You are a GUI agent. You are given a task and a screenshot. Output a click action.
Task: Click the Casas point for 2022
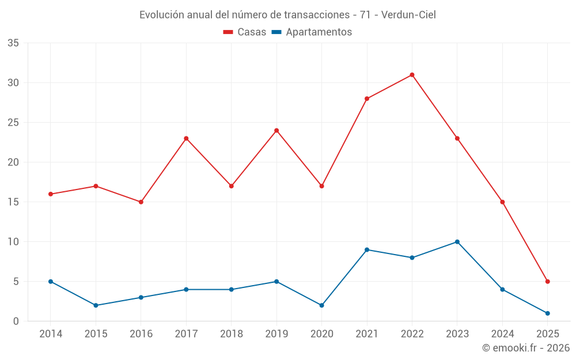tap(412, 75)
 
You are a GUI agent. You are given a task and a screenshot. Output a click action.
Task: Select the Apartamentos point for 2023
tap(457, 242)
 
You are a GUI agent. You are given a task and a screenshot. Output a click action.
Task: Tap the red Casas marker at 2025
tap(548, 282)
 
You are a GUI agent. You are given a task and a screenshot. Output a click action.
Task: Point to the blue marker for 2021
tap(367, 249)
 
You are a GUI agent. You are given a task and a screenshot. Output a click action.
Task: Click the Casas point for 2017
tap(186, 138)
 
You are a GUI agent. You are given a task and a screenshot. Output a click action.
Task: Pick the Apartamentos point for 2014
tap(51, 282)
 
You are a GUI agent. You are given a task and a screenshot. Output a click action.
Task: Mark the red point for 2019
tap(276, 130)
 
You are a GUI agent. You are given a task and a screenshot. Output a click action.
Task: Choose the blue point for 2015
tap(96, 305)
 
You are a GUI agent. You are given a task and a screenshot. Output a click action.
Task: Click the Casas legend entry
tap(245, 32)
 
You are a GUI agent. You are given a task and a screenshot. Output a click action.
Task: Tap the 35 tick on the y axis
tap(13, 43)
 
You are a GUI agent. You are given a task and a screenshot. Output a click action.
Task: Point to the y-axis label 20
tap(13, 162)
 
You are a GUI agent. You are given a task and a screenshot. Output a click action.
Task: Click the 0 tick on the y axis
tap(16, 321)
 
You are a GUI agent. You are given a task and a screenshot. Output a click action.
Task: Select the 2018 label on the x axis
tap(231, 334)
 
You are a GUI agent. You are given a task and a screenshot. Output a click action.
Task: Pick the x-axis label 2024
tap(502, 334)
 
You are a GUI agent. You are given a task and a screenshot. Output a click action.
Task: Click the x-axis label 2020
tap(321, 334)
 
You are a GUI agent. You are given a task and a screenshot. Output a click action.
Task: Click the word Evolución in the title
tap(162, 15)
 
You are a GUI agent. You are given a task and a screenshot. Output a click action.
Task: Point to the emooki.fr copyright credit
tap(526, 348)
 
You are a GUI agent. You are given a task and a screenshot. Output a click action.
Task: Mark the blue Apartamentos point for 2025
tap(548, 313)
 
